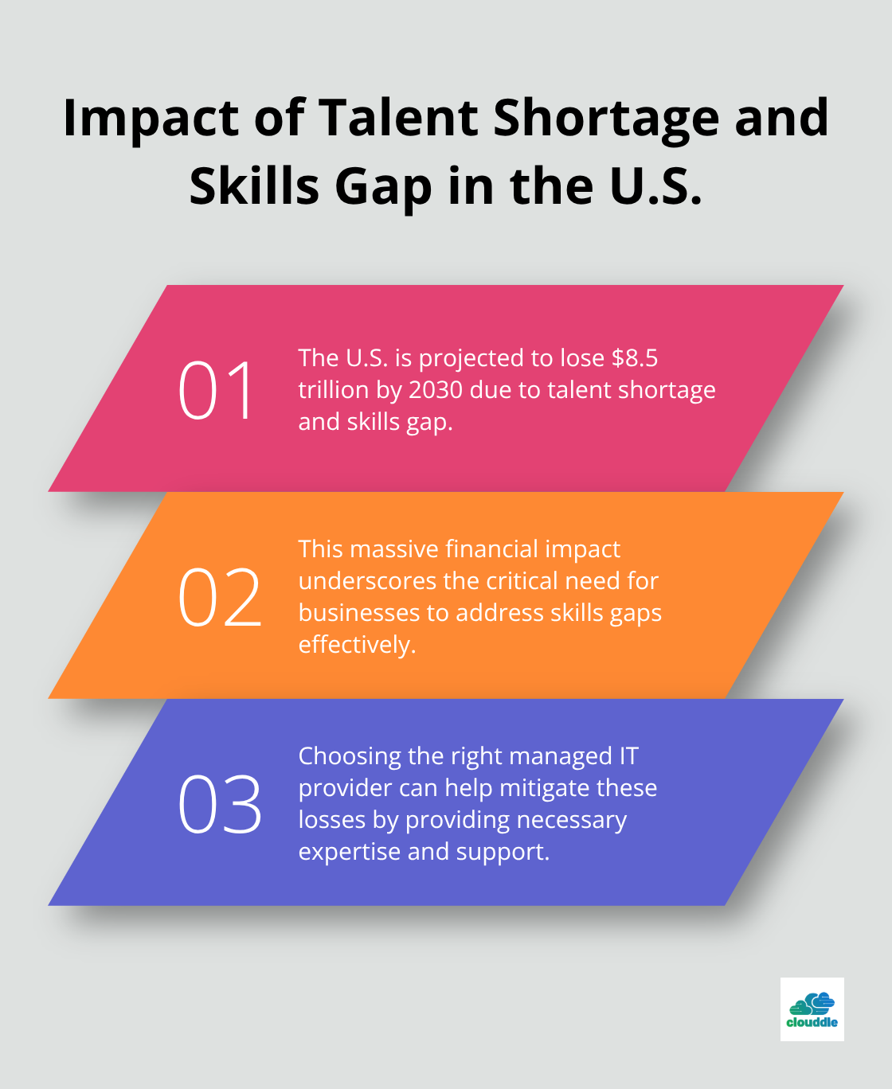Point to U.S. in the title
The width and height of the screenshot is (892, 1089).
pos(656,187)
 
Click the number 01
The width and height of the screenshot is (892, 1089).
pos(216,390)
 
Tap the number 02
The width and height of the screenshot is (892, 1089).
pos(219,597)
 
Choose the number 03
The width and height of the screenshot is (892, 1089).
pos(219,804)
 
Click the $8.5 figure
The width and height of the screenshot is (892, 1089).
pos(635,358)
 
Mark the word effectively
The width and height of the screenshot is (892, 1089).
pos(357,645)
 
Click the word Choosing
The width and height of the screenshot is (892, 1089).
pos(349,756)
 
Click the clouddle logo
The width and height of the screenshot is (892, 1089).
pos(812,1009)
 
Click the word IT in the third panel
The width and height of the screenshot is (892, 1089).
pos(628,756)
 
